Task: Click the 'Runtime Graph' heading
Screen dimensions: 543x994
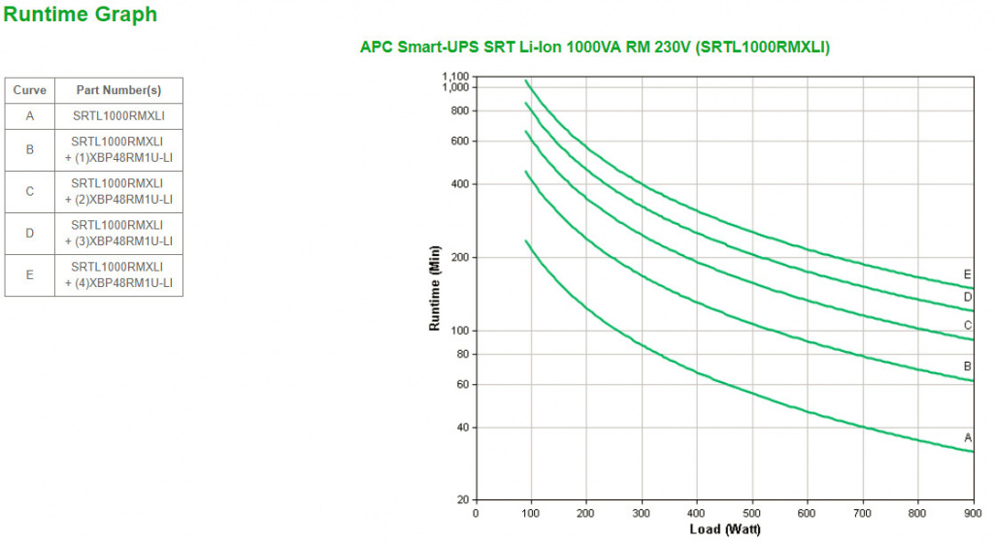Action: click(80, 15)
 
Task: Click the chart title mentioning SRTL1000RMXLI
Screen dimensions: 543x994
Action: click(595, 47)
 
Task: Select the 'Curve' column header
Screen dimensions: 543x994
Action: click(29, 90)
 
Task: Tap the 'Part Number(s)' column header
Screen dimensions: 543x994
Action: click(118, 90)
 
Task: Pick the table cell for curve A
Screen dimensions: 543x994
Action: click(29, 115)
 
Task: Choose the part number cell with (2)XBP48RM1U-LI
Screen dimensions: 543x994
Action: click(118, 191)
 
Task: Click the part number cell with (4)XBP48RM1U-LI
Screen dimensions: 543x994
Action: click(118, 274)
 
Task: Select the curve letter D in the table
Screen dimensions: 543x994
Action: click(29, 233)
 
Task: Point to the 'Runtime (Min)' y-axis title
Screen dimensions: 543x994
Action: click(436, 288)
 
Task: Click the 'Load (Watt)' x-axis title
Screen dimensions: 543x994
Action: click(725, 529)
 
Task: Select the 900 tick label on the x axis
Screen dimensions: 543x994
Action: click(972, 513)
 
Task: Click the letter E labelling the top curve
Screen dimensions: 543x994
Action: click(967, 274)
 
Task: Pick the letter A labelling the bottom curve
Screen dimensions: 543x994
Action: click(968, 438)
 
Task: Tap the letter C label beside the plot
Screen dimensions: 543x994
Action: click(968, 326)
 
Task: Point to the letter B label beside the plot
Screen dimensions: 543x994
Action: click(968, 367)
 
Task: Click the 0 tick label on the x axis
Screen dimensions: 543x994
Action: click(475, 513)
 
